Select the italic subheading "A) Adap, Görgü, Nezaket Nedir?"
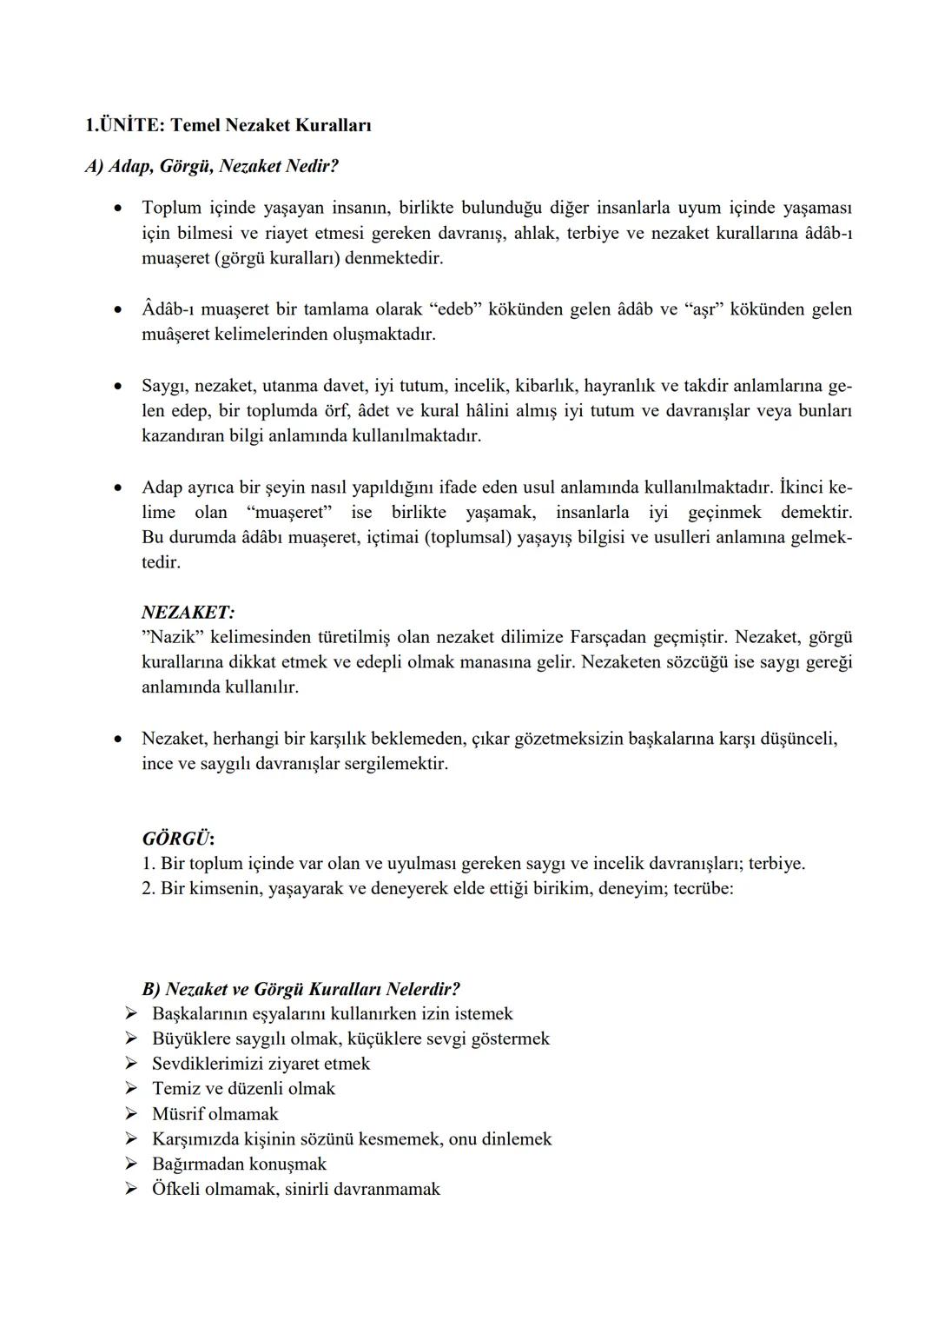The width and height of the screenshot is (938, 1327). (211, 166)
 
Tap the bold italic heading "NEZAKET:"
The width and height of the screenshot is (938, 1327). (188, 613)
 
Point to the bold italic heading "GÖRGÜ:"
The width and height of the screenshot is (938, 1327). (178, 839)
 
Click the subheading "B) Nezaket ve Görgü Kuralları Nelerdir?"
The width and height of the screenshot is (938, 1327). (301, 989)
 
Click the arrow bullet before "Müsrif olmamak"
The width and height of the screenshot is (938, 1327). (131, 1114)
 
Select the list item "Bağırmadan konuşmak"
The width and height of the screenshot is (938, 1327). (239, 1164)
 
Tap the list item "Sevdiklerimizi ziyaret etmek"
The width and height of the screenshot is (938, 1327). (261, 1064)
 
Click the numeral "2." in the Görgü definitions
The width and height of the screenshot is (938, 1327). (149, 889)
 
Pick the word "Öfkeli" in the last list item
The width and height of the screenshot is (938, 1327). (175, 1189)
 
